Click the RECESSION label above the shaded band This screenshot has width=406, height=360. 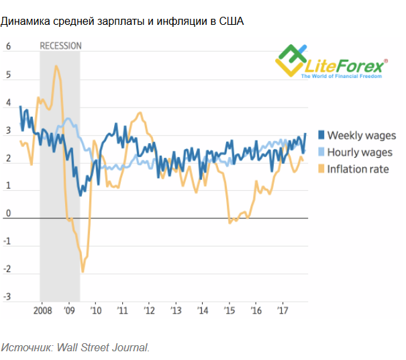click(60, 46)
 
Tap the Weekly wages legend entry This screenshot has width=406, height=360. click(361, 136)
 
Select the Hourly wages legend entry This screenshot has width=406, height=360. click(359, 152)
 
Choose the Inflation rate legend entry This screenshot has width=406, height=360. click(358, 169)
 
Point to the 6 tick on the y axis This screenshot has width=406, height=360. click(9, 47)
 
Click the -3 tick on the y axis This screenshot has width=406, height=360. click(8, 297)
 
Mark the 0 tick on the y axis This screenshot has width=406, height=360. click(9, 214)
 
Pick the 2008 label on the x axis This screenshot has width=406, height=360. click(42, 312)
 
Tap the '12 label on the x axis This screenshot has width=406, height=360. click(148, 312)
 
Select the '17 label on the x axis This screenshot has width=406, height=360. click(283, 312)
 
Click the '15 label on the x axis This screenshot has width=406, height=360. click(229, 312)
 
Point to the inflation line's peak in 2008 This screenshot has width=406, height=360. click(56, 66)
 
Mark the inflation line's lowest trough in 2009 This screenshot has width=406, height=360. click(83, 271)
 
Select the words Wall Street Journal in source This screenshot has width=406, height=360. click(103, 347)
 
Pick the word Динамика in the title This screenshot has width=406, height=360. click(23, 21)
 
